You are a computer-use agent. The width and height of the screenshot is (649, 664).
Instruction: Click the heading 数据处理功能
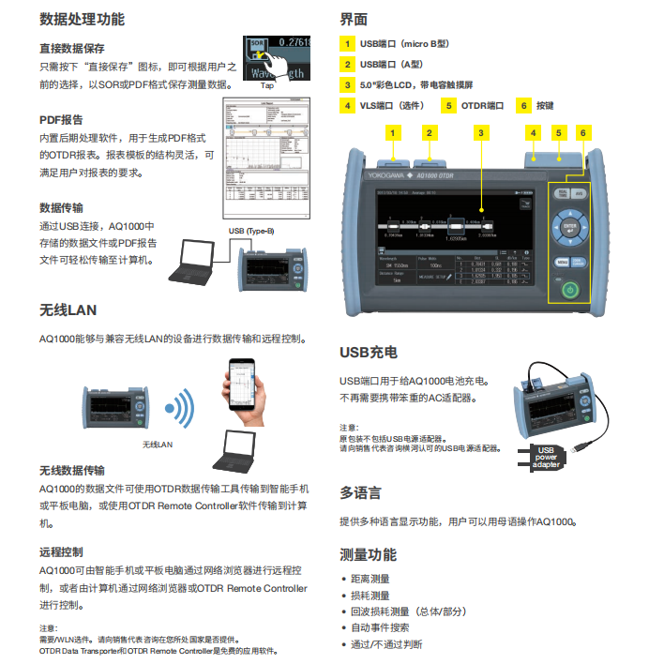click(82, 19)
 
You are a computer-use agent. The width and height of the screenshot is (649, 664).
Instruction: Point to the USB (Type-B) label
click(251, 231)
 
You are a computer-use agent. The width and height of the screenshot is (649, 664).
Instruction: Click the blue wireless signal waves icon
click(179, 409)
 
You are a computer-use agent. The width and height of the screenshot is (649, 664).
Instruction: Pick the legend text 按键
click(545, 106)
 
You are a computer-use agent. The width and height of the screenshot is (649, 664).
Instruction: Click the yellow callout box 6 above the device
click(582, 133)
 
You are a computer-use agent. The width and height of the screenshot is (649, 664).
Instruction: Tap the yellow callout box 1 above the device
click(392, 133)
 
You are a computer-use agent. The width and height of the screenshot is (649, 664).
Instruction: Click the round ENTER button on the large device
click(568, 227)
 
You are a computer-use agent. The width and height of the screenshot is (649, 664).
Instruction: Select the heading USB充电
click(368, 353)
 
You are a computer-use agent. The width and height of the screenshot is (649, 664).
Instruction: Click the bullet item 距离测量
click(370, 579)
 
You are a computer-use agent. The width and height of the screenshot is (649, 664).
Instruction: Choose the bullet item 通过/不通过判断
click(386, 644)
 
